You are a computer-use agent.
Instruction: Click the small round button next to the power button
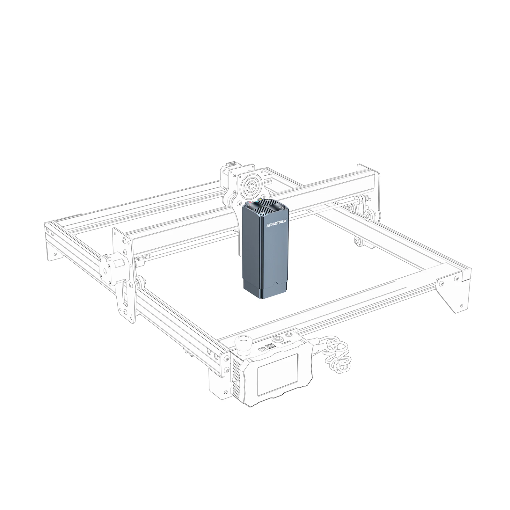289,334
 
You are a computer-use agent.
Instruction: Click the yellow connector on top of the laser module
260,200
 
